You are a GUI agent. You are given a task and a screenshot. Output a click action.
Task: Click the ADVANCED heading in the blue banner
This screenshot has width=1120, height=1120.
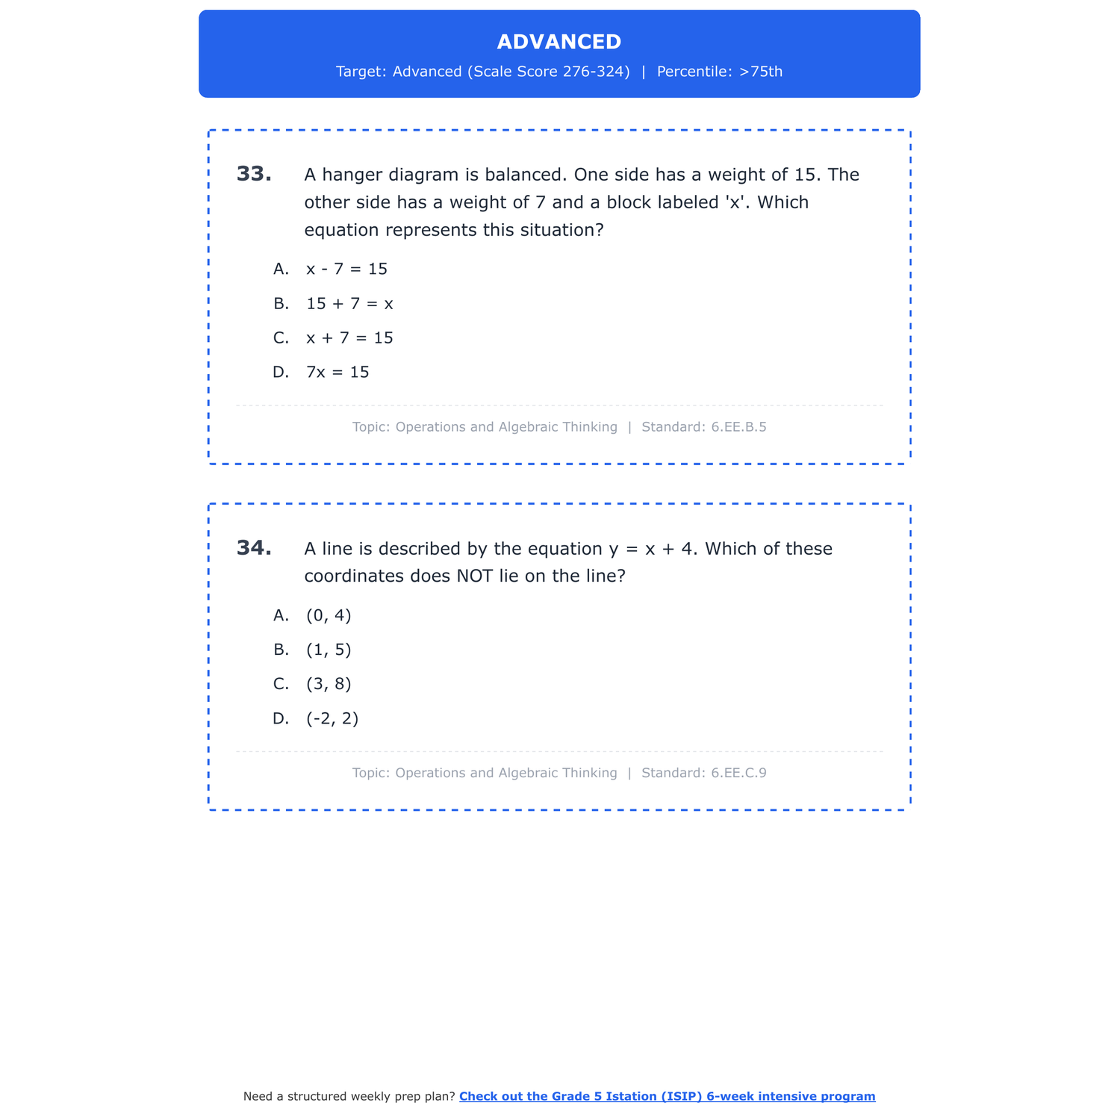click(559, 42)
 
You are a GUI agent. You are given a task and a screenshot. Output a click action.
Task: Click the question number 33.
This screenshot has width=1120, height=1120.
click(254, 174)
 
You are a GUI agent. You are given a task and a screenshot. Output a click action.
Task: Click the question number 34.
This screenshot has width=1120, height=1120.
click(254, 548)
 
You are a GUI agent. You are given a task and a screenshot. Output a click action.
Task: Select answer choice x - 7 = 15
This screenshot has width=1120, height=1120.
click(346, 269)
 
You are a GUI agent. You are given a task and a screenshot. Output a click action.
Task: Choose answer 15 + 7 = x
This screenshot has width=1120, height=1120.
click(349, 304)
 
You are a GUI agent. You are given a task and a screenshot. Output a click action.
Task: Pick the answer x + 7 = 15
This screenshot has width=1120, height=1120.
click(349, 338)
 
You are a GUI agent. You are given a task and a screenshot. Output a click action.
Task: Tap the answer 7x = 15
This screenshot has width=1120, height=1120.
click(337, 373)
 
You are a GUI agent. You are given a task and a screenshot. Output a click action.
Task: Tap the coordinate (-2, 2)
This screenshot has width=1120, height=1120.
click(332, 719)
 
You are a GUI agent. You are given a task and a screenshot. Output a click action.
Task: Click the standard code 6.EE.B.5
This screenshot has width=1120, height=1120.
click(738, 427)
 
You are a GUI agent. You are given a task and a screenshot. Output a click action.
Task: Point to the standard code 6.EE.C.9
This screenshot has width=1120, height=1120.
click(738, 773)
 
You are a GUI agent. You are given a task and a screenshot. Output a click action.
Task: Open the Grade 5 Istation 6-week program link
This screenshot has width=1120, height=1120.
click(667, 1096)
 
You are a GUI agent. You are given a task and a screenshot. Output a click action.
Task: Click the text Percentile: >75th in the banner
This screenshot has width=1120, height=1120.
click(720, 72)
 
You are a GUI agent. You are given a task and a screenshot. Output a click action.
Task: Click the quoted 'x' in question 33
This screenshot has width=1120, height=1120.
click(736, 202)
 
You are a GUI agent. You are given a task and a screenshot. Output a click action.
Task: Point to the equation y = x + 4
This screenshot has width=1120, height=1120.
click(652, 549)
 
